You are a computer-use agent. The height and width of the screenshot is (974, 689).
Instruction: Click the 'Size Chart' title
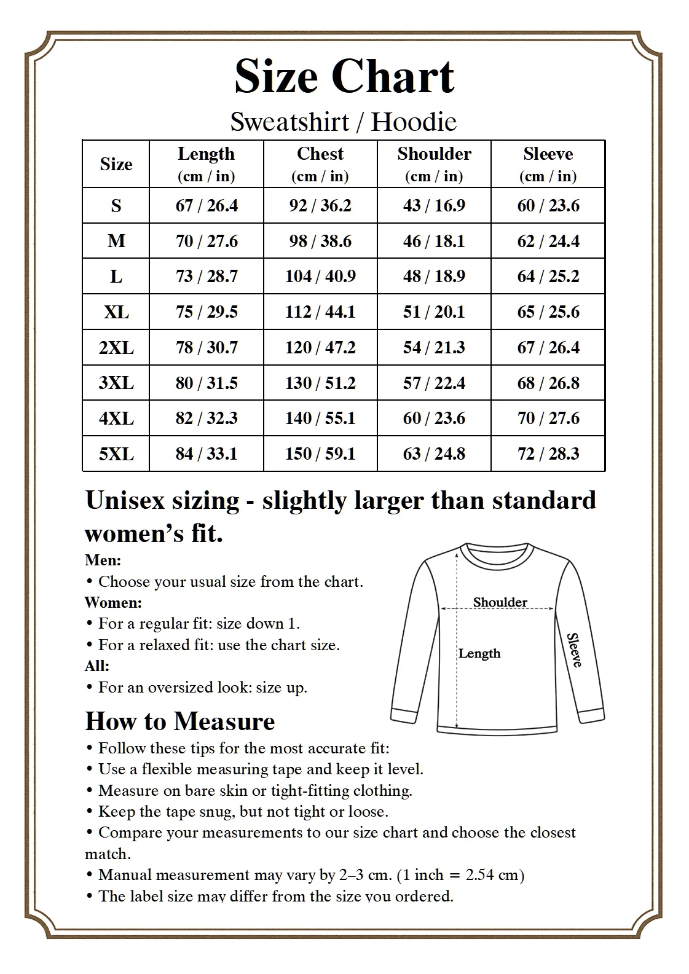click(344, 76)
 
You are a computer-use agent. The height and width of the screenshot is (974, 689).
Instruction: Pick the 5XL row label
click(116, 454)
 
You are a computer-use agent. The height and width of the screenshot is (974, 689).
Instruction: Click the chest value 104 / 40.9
click(320, 277)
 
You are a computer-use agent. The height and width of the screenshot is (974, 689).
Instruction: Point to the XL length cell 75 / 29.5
click(207, 312)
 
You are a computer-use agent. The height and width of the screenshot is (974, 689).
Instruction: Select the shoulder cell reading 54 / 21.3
click(434, 348)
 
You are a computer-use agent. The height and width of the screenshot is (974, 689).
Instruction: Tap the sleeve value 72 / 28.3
click(548, 454)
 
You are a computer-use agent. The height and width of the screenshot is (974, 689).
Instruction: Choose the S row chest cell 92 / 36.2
click(320, 206)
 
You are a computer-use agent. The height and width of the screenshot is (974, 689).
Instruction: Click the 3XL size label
click(116, 383)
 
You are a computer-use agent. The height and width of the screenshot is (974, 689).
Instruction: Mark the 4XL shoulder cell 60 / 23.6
click(434, 418)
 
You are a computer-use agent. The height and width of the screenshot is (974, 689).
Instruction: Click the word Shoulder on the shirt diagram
click(500, 602)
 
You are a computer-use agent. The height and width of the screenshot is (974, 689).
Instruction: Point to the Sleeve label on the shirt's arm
click(573, 650)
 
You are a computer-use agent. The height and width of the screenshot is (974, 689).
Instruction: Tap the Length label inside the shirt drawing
click(479, 654)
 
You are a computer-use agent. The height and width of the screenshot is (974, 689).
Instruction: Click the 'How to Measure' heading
click(180, 721)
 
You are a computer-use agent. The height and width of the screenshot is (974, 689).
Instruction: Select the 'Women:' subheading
click(113, 602)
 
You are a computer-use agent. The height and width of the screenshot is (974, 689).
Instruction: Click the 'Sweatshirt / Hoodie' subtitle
click(344, 122)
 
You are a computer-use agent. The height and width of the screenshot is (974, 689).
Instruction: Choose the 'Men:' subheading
click(103, 560)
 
